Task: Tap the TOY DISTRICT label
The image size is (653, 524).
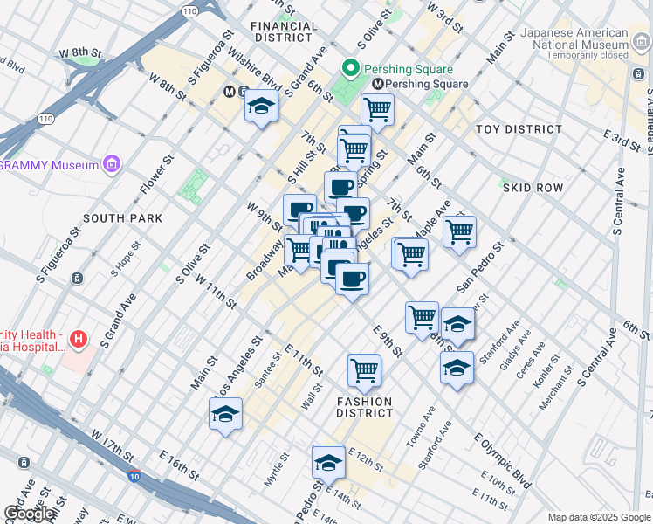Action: (x=519, y=129)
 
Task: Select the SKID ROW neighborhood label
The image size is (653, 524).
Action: (x=533, y=188)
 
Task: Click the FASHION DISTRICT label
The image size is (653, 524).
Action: (x=365, y=407)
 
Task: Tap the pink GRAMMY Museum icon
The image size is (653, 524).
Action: (x=111, y=163)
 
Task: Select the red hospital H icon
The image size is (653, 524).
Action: (x=79, y=339)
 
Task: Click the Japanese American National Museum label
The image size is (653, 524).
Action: (x=574, y=39)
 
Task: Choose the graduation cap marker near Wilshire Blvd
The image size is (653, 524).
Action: (x=260, y=107)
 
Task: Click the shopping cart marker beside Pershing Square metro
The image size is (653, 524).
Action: (x=377, y=110)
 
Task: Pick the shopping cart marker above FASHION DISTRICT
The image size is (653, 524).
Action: (x=364, y=370)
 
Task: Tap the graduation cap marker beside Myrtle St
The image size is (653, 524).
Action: (x=328, y=462)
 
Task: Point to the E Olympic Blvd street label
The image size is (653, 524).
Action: (x=502, y=460)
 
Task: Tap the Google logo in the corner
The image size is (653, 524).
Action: (x=30, y=514)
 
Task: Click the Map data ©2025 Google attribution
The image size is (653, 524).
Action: (x=598, y=517)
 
